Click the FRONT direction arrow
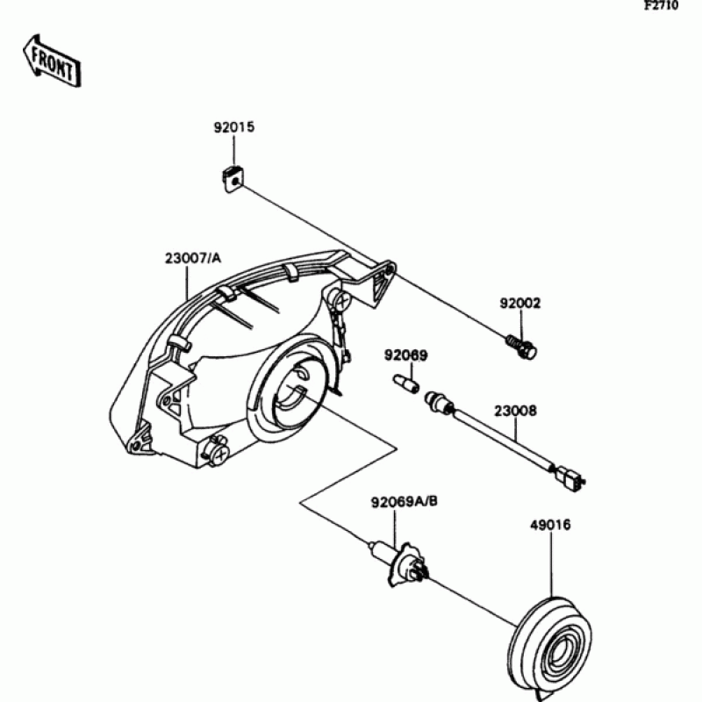(52, 60)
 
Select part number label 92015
(233, 127)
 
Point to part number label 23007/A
(192, 259)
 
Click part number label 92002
(520, 304)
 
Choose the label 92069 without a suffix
(405, 355)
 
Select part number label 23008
(514, 410)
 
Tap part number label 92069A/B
(404, 503)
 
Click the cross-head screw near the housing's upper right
(340, 301)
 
